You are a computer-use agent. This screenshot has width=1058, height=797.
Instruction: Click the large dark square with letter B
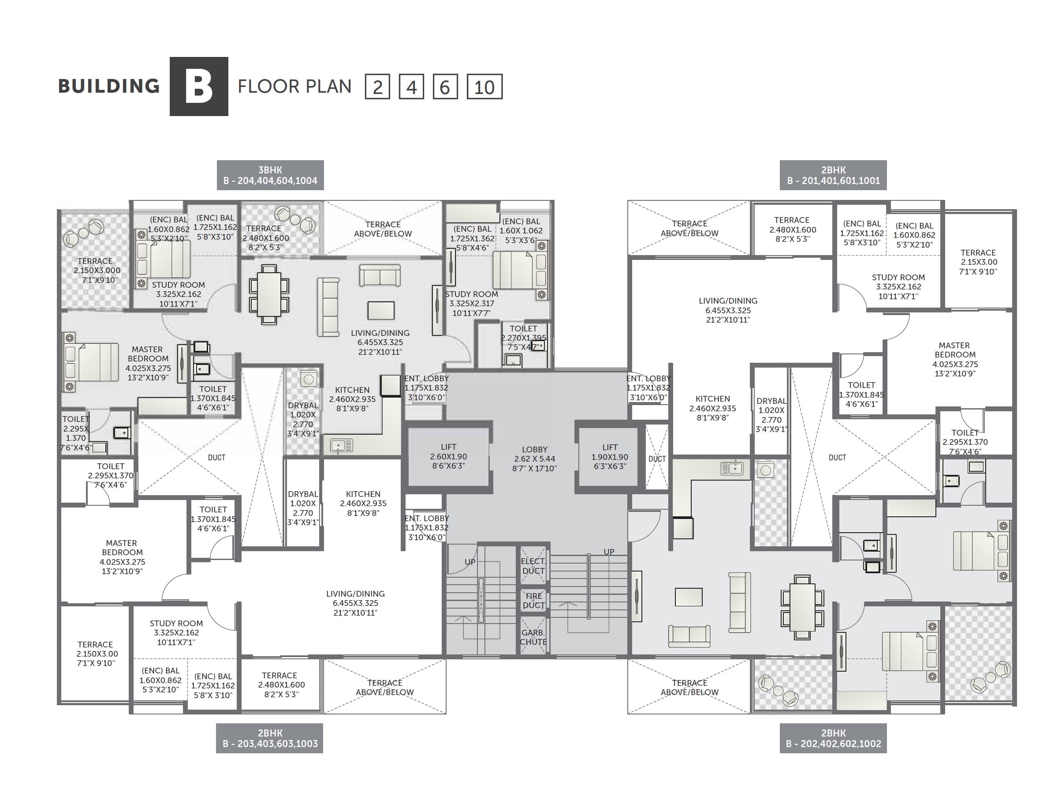coord(198,86)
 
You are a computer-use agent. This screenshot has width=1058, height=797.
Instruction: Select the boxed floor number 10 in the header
coord(484,86)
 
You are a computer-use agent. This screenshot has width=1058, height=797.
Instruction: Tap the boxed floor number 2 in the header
coord(377,86)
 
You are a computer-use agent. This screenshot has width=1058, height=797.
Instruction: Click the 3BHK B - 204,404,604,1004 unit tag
coord(270,175)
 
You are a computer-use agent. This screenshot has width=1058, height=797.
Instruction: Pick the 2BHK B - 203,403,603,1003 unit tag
coord(270,738)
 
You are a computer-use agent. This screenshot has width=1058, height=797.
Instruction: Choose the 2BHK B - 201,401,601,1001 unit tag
coord(833,175)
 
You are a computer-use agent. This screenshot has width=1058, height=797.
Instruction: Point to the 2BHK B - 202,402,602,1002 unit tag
coord(833,738)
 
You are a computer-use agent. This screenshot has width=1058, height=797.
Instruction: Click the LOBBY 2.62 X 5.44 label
coord(534,459)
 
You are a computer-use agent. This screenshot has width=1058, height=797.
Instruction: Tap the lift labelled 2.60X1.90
coord(448,456)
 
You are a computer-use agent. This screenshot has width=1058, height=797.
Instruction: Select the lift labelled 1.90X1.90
coord(609,456)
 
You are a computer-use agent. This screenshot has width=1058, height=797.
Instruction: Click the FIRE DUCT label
coord(533,600)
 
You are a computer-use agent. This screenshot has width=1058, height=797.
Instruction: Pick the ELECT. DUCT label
coord(533,566)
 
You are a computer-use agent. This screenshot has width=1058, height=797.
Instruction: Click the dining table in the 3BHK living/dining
coord(269,294)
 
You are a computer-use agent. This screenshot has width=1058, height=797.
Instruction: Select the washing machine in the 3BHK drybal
coord(309,379)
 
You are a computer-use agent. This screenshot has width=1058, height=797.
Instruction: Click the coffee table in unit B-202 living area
coord(688,597)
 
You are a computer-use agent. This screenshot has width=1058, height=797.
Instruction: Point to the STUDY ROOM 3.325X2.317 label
coord(472,304)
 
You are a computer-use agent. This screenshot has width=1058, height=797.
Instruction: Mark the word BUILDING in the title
coord(108,86)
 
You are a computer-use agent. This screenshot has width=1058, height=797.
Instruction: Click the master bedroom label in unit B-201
coord(955,359)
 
